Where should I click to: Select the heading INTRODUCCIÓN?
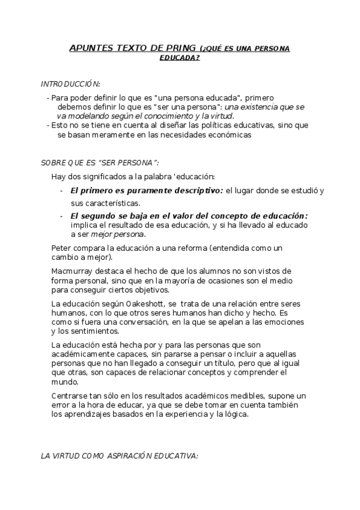pos(70,84)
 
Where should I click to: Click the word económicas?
pos(226,135)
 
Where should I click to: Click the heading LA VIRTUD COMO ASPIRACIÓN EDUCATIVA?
pos(119,457)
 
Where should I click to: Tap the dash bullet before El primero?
pos(62,191)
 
